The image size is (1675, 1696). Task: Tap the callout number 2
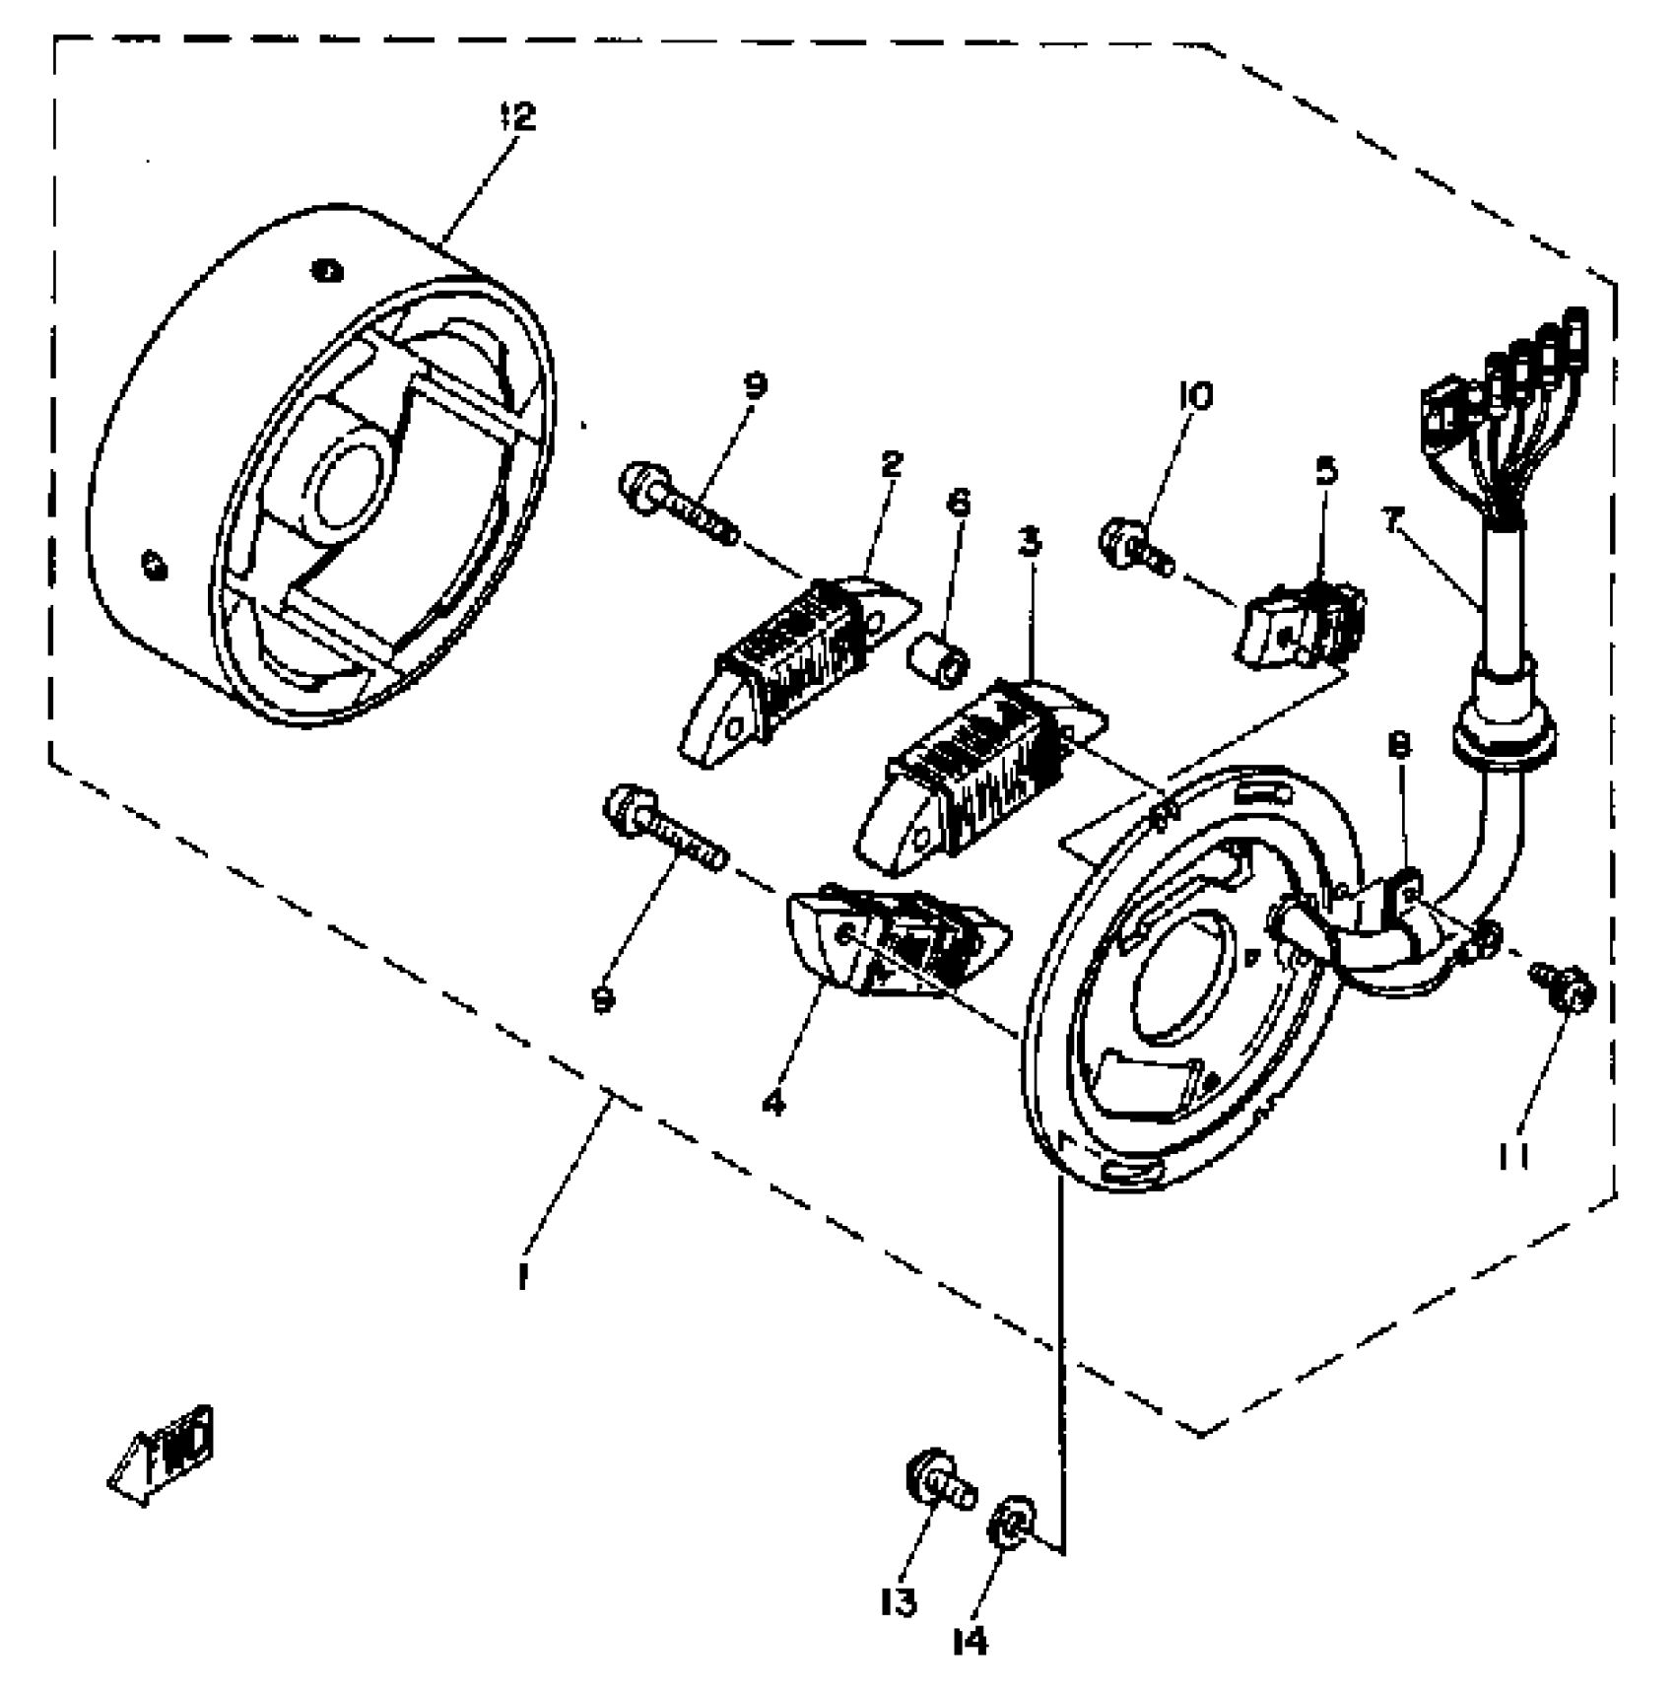tap(891, 464)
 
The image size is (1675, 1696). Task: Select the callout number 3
tap(1030, 541)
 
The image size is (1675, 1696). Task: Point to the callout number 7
tap(1391, 520)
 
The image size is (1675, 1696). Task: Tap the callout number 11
tap(1514, 1155)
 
